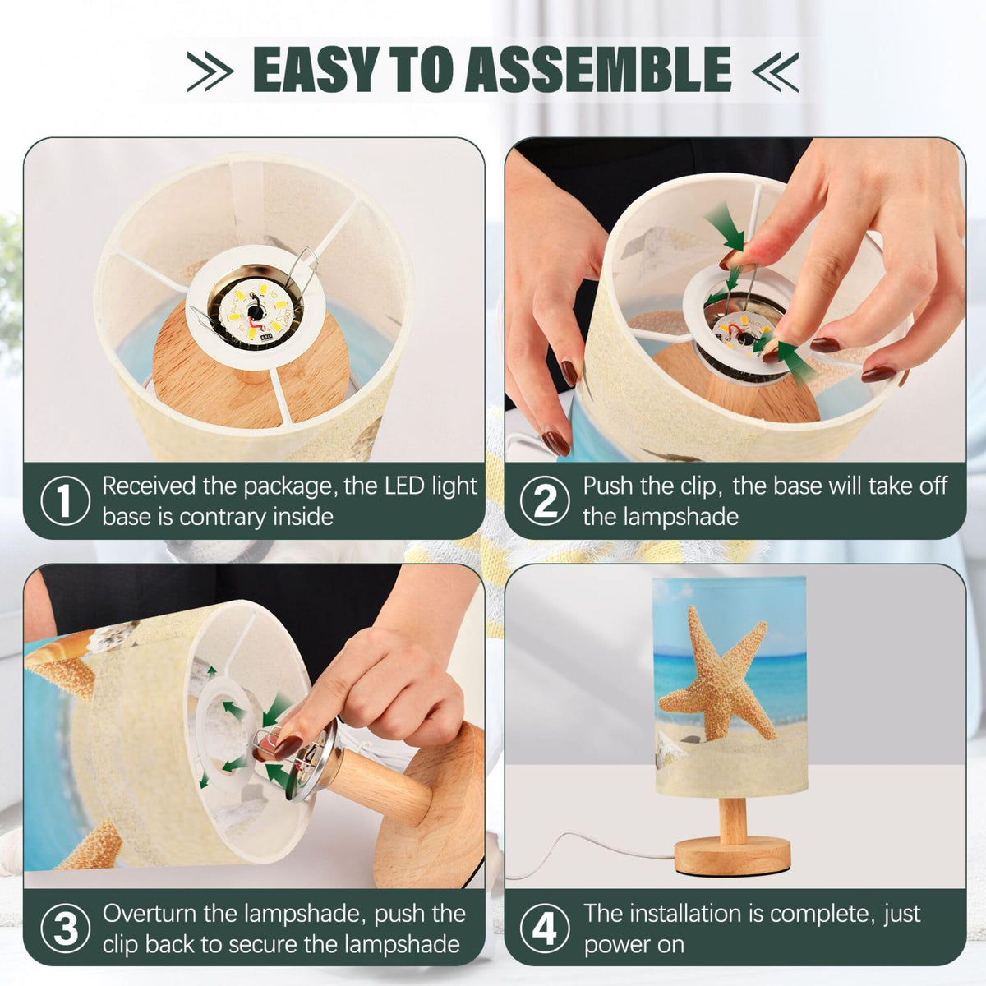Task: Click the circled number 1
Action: tap(65, 500)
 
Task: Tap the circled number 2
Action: tap(545, 500)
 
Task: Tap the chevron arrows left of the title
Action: tap(210, 71)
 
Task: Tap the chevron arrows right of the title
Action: tap(775, 71)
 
